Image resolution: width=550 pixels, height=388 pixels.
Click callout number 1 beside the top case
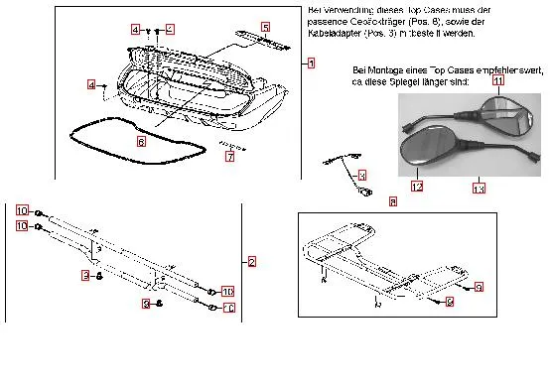click(x=311, y=63)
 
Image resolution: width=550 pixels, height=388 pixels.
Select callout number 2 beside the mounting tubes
click(x=252, y=262)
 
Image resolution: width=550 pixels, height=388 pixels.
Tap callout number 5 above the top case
click(x=265, y=26)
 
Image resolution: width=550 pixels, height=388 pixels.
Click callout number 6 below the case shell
click(x=141, y=142)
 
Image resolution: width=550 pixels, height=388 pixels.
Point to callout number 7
click(x=229, y=156)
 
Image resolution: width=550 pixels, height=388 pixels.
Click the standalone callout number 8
click(x=392, y=201)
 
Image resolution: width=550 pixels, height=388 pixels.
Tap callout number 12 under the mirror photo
click(x=417, y=186)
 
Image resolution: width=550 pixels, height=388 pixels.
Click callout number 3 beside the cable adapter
click(x=361, y=175)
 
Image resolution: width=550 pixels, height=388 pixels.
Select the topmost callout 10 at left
click(x=23, y=211)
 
